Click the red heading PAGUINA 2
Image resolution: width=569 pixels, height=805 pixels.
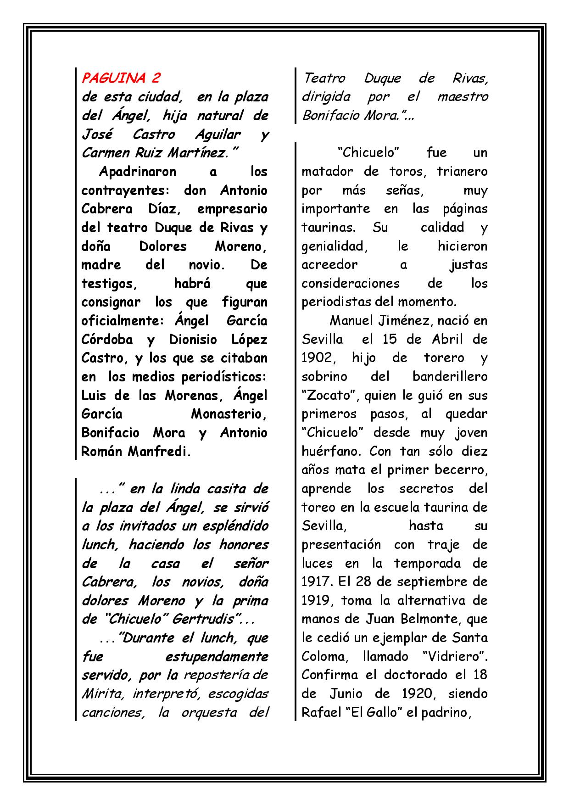121,78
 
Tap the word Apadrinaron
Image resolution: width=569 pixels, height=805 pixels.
138,172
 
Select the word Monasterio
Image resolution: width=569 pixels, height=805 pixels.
228,414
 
